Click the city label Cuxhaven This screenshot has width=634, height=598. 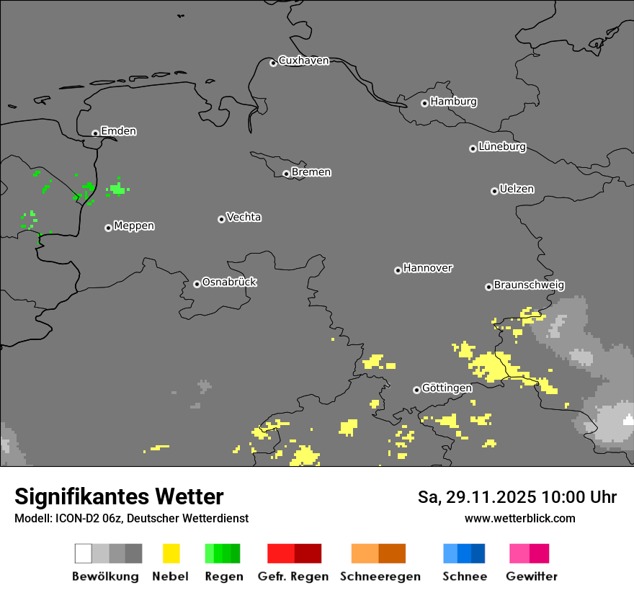coord(303,61)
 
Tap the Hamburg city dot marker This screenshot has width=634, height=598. coord(424,103)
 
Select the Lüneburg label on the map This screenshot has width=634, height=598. coord(502,147)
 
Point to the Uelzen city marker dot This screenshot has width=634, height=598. coord(494,191)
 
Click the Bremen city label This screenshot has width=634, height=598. coord(311,172)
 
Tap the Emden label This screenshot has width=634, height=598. coord(118,131)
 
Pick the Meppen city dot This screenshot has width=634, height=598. coord(108,228)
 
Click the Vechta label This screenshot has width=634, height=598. coord(244,217)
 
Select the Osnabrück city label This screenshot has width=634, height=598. coord(229,282)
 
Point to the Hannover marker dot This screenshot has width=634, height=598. coord(398,270)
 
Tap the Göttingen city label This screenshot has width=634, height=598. coord(447,388)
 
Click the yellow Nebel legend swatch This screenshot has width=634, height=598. coord(171,553)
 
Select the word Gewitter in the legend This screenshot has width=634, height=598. coord(532,576)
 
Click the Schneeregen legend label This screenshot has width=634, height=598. coord(380,576)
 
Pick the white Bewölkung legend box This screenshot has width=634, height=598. coord(84,553)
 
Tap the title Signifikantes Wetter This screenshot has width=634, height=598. coord(119,496)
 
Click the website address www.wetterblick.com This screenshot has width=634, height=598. coord(519,518)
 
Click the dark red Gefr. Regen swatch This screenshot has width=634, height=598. coord(308,553)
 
